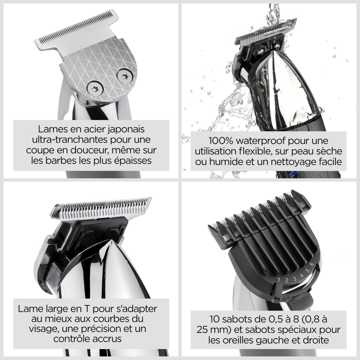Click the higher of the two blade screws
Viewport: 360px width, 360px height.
click(x=125, y=76)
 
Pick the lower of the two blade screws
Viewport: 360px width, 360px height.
click(x=95, y=88)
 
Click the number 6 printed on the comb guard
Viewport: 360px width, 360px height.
click(x=311, y=264)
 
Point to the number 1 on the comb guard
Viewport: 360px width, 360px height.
click(x=279, y=280)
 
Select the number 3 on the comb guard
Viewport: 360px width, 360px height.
click(x=295, y=279)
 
